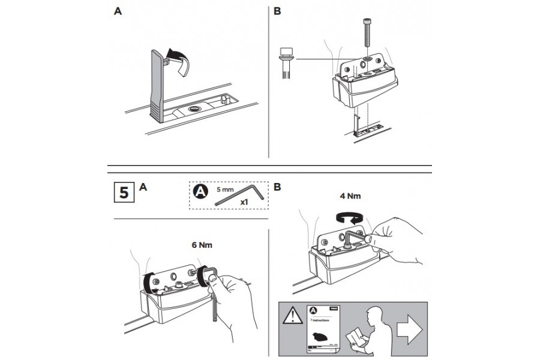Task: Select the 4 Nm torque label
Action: pyautogui.click(x=350, y=196)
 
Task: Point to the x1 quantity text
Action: pyautogui.click(x=244, y=202)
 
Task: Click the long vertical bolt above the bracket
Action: pyautogui.click(x=365, y=37)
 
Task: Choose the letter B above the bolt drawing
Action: pyautogui.click(x=277, y=11)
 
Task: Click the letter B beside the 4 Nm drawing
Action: pyautogui.click(x=277, y=187)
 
